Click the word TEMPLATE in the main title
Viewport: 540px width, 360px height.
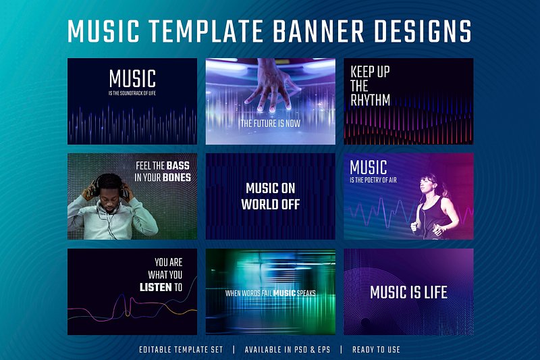click(205, 31)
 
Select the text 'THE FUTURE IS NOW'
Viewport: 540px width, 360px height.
click(271, 124)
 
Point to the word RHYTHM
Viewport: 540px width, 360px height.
click(370, 100)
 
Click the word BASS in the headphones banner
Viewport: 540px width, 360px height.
click(178, 165)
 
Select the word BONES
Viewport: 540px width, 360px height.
click(177, 178)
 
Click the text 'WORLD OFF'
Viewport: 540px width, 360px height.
click(271, 204)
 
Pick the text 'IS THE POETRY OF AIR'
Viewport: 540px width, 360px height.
click(373, 180)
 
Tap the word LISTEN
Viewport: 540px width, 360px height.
click(156, 287)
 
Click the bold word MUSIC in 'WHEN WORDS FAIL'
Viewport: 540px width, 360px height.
click(284, 293)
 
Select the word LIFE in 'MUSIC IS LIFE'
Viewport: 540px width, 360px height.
click(435, 292)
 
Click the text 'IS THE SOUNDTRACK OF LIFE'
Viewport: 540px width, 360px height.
click(132, 93)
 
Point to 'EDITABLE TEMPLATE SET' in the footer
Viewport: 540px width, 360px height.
click(181, 350)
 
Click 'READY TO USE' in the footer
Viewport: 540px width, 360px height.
click(376, 350)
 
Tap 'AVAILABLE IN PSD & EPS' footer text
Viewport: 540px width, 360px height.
click(288, 350)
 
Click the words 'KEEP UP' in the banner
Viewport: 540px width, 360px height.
click(370, 72)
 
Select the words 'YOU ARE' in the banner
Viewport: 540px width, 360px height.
click(168, 262)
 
